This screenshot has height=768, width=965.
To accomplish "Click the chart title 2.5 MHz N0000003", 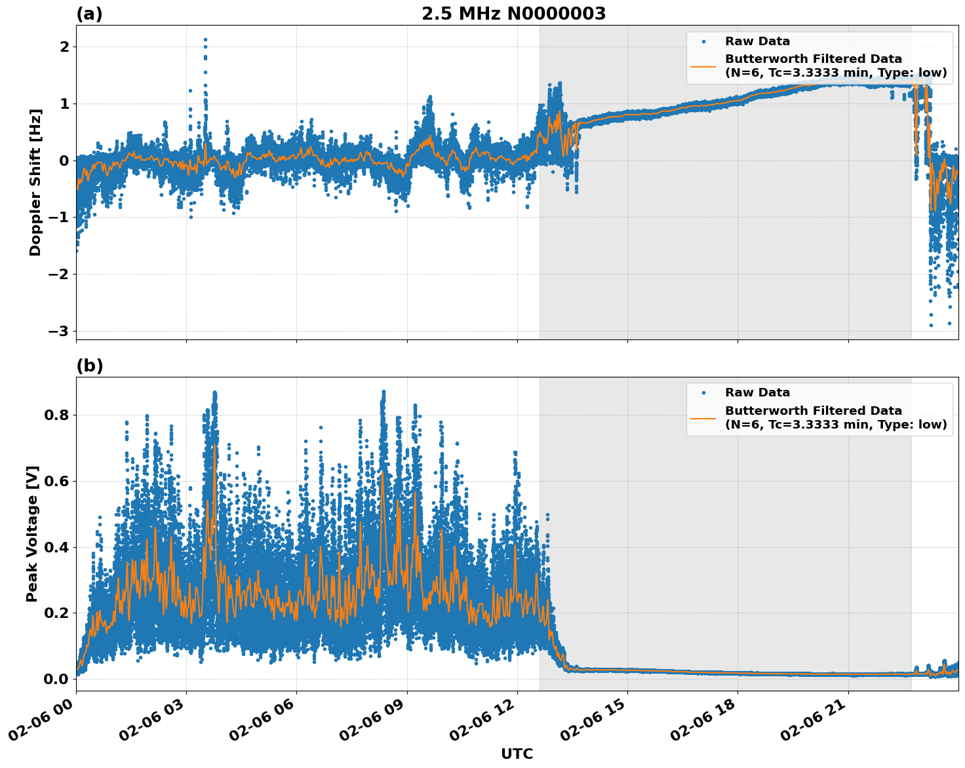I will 513,14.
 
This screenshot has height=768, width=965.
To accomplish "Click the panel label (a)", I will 89,14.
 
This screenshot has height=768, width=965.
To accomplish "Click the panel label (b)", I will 89,366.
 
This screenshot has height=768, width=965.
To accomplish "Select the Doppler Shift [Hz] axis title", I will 35,182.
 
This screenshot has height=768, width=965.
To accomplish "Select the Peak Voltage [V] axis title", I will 32,533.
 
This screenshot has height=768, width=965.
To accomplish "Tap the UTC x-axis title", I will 517,754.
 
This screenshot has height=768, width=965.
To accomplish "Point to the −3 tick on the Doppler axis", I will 58,331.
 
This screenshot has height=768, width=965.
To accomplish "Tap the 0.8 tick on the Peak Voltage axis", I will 56,415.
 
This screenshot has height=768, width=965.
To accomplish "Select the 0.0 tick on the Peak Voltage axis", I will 56,679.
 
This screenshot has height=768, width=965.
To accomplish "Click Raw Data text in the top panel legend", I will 757,41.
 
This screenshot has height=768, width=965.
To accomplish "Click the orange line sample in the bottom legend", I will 703,417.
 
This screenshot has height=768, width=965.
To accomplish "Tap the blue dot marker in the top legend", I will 703,41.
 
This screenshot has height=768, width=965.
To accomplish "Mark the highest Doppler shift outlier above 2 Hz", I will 205,39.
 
